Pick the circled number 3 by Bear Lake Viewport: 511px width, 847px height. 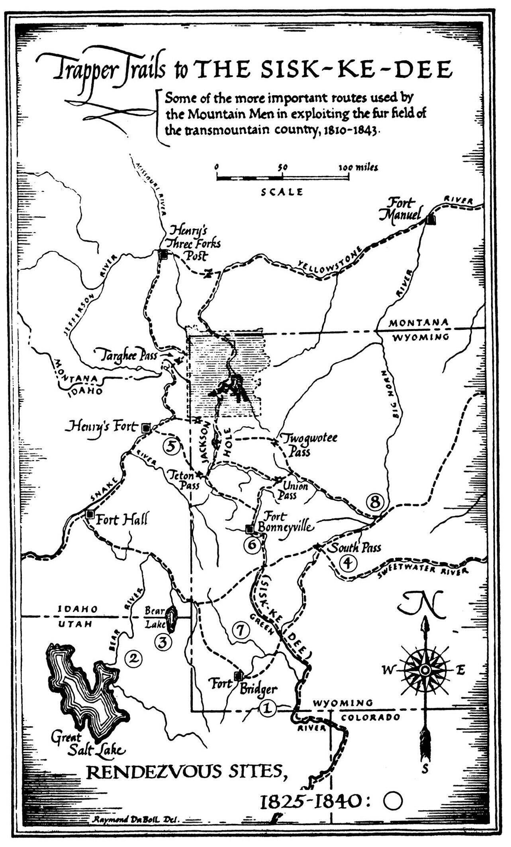coord(163,641)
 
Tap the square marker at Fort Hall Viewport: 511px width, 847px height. coord(90,514)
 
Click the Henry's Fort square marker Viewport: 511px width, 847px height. coord(146,428)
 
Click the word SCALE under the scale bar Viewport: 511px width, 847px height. coord(282,192)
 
